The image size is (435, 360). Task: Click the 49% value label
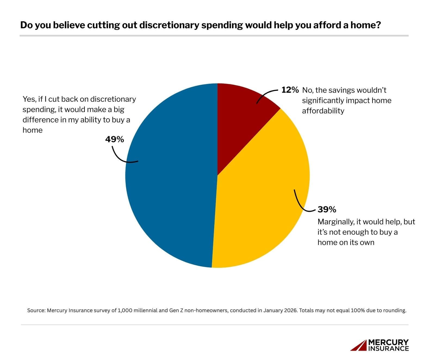click(x=114, y=139)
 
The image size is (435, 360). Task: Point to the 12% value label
click(x=290, y=90)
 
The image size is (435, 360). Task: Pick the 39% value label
click(x=327, y=210)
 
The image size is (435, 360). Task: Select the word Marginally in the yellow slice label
click(x=335, y=222)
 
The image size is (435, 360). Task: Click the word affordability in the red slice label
click(x=323, y=111)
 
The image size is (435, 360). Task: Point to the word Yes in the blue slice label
click(x=29, y=99)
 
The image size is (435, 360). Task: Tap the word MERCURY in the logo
click(x=388, y=342)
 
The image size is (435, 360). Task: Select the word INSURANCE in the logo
click(x=388, y=348)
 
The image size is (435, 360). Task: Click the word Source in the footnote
click(x=36, y=311)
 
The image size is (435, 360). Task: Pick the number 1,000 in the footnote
click(x=124, y=311)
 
